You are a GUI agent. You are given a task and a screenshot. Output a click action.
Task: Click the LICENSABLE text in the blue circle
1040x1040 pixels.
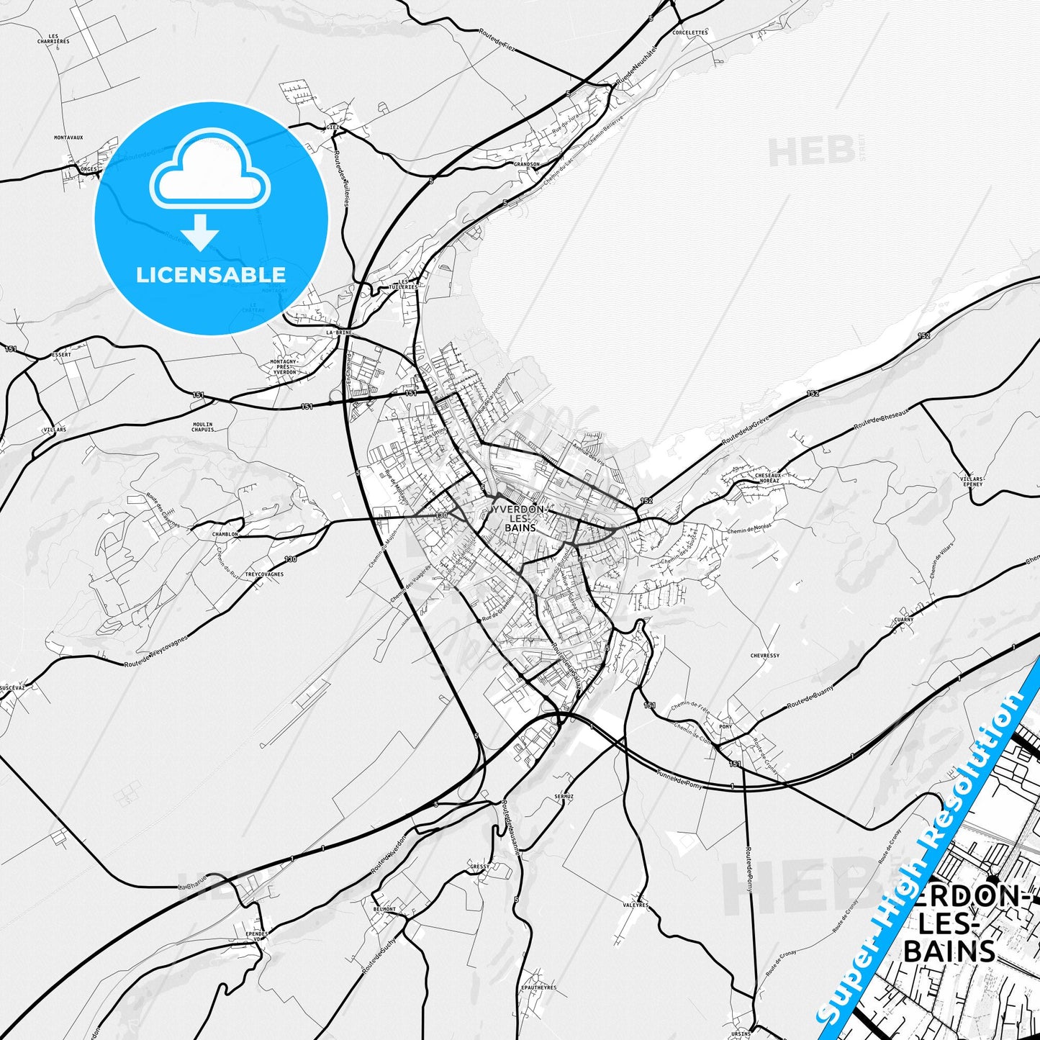click(x=211, y=275)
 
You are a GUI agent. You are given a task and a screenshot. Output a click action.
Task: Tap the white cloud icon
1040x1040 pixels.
click(x=210, y=171)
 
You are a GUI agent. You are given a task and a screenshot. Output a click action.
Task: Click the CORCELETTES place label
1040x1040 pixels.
click(x=689, y=32)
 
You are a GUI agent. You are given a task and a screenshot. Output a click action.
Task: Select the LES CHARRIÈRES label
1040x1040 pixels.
click(x=53, y=39)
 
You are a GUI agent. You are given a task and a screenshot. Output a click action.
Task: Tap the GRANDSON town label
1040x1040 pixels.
click(x=526, y=164)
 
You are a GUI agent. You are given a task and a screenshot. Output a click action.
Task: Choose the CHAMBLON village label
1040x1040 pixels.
click(x=225, y=534)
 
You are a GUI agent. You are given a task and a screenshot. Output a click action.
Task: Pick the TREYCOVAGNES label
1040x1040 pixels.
click(x=263, y=574)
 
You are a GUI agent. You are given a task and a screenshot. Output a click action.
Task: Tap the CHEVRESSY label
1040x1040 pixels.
click(x=764, y=656)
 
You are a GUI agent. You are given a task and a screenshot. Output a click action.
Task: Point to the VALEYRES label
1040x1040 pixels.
click(x=636, y=905)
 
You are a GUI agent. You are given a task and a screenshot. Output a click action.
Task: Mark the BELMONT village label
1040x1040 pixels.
click(x=384, y=909)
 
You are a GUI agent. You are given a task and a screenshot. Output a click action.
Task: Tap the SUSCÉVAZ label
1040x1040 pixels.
click(x=12, y=687)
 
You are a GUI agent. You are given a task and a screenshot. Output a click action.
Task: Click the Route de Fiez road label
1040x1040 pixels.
click(x=497, y=37)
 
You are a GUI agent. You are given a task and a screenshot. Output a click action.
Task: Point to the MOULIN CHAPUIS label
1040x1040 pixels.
click(x=203, y=427)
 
